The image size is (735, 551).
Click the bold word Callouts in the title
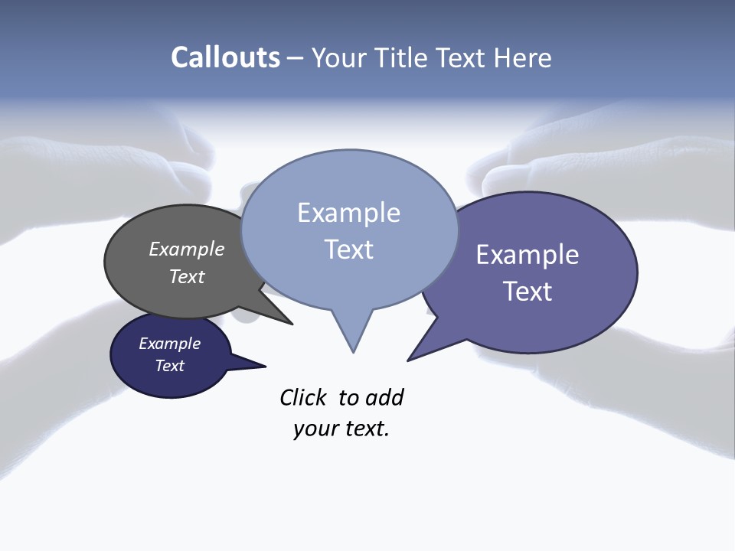[225, 57]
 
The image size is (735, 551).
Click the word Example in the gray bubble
[187, 249]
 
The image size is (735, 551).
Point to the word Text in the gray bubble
[187, 276]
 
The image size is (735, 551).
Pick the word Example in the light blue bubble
[348, 213]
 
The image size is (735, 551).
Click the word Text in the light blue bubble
[348, 249]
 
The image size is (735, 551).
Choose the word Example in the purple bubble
[528, 255]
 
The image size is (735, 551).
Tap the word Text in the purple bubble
[528, 292]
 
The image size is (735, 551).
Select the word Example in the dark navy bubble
[170, 344]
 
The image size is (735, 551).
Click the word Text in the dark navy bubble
[170, 366]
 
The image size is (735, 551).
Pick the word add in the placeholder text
[384, 398]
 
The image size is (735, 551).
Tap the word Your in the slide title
[339, 57]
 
